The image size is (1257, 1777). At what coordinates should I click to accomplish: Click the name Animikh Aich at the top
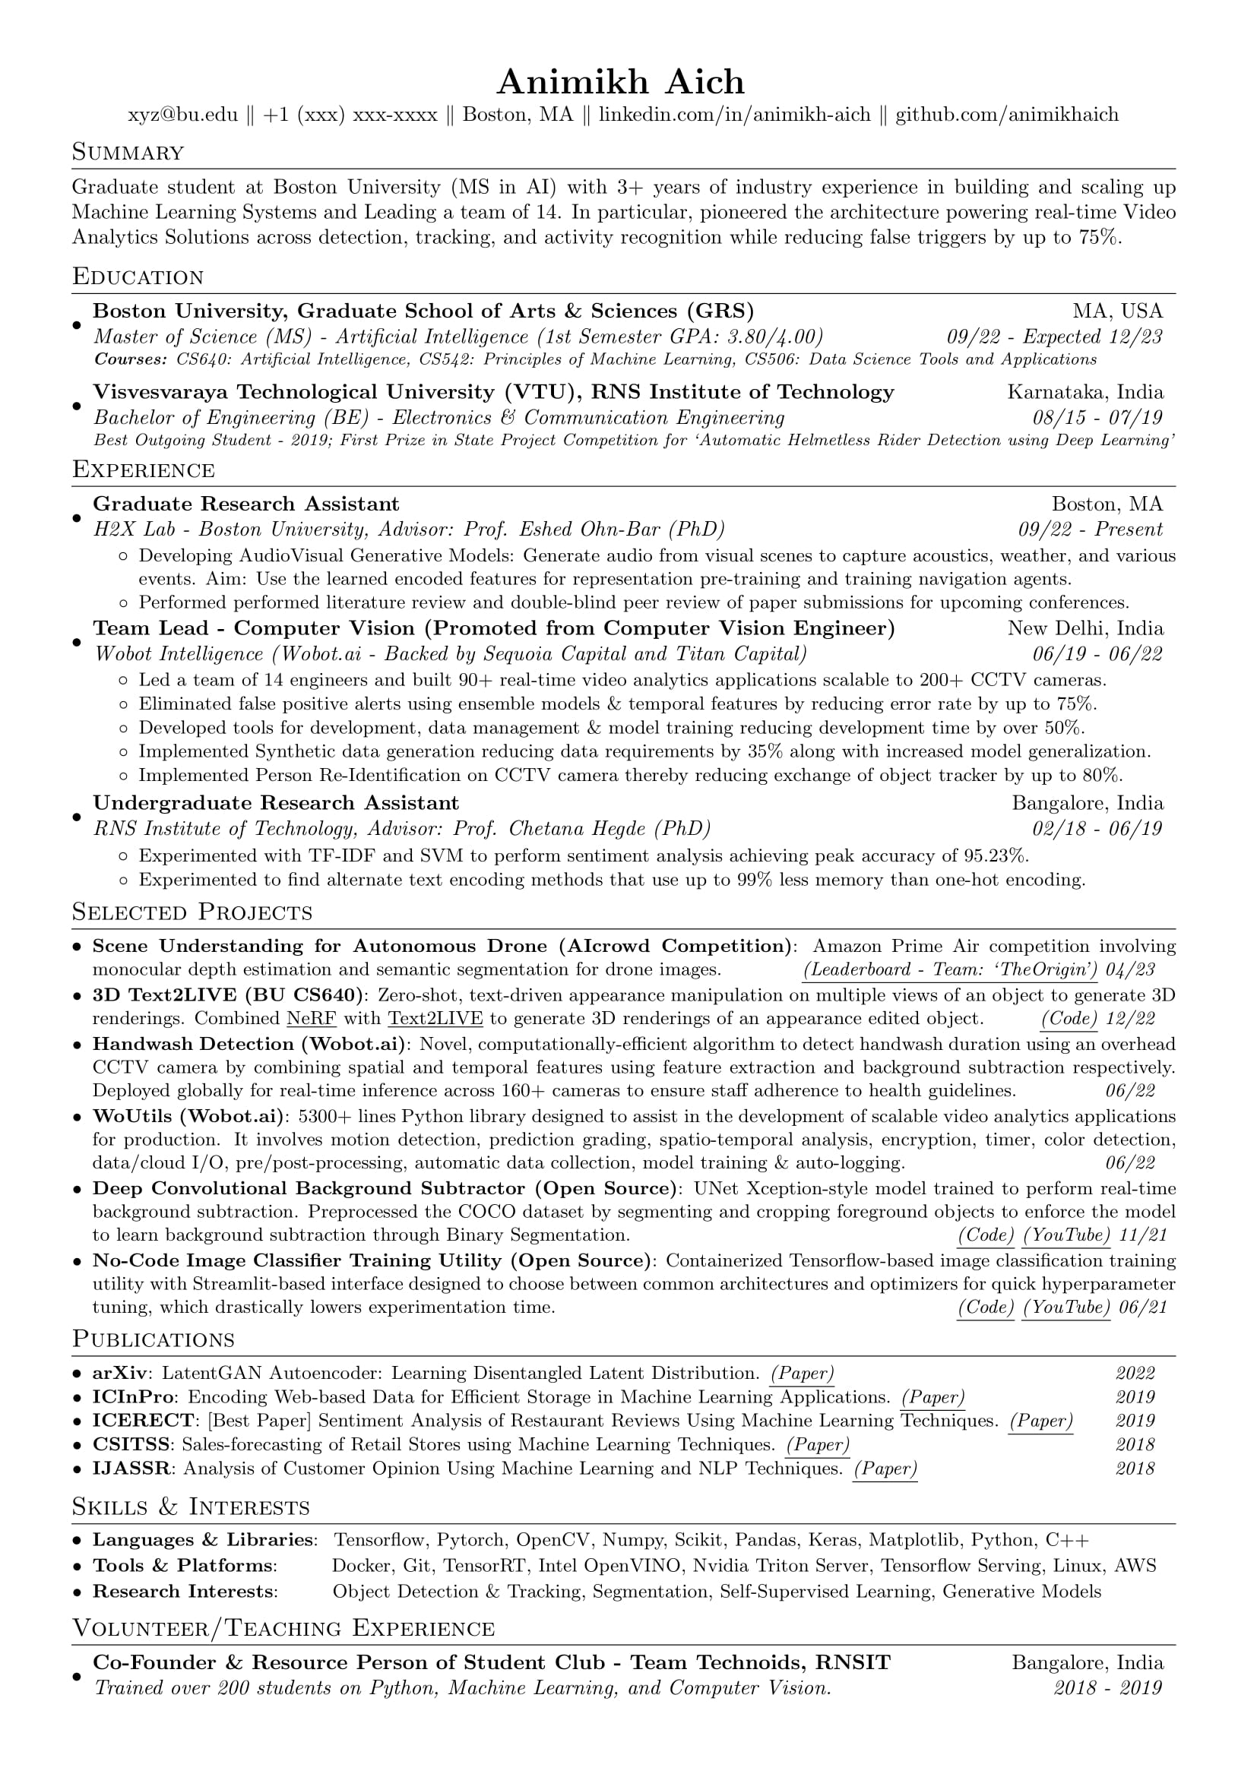click(620, 81)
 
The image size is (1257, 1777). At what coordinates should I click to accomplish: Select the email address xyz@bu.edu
click(182, 115)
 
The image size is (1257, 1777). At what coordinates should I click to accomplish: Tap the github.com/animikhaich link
click(1007, 115)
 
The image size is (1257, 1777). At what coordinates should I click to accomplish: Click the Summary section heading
click(128, 153)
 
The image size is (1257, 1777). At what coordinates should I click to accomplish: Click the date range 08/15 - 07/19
click(1097, 418)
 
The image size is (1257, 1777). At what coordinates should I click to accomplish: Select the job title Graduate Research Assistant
click(246, 504)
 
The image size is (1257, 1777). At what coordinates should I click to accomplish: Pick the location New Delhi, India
click(1085, 628)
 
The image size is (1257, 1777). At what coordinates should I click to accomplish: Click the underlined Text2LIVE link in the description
click(435, 1019)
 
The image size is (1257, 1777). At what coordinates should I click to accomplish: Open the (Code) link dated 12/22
click(1069, 1019)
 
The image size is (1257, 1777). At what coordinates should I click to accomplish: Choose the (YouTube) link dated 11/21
click(1065, 1235)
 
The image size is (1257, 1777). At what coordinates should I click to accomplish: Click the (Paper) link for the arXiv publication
click(803, 1374)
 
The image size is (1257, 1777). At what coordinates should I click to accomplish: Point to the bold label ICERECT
click(143, 1421)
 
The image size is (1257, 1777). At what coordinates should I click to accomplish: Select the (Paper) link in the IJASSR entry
click(885, 1469)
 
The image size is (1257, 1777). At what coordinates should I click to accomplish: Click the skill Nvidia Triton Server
click(783, 1566)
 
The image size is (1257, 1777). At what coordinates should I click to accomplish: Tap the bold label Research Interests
click(184, 1592)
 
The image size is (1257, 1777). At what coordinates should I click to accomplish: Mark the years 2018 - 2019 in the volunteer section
click(1107, 1688)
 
